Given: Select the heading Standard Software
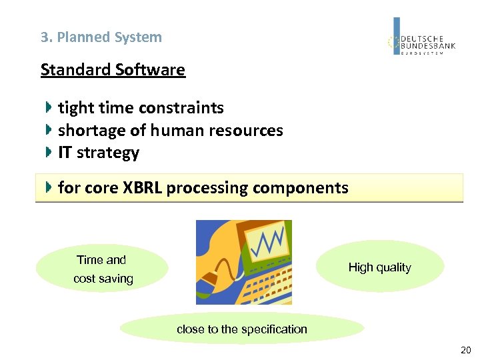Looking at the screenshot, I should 113,70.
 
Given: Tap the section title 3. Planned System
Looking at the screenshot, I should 101,37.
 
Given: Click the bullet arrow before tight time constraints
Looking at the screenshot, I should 49,107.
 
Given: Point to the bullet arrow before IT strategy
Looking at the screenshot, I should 49,152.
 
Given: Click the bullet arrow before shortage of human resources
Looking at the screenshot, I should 49,129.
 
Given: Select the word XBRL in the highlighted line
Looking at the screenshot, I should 142,188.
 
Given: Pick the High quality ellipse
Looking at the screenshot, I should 379,267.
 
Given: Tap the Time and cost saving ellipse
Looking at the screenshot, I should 102,269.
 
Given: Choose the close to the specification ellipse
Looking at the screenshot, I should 241,329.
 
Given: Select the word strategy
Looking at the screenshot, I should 108,153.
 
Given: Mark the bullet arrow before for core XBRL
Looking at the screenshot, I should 49,187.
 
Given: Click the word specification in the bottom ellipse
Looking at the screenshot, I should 274,329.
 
